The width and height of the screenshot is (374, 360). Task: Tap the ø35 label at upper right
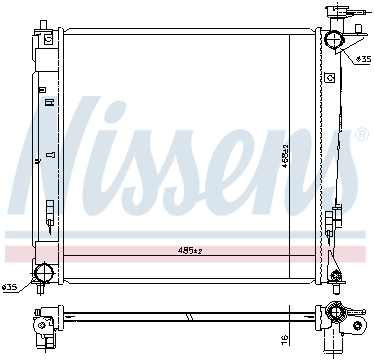(x=362, y=61)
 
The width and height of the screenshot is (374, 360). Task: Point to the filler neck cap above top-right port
(x=334, y=14)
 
